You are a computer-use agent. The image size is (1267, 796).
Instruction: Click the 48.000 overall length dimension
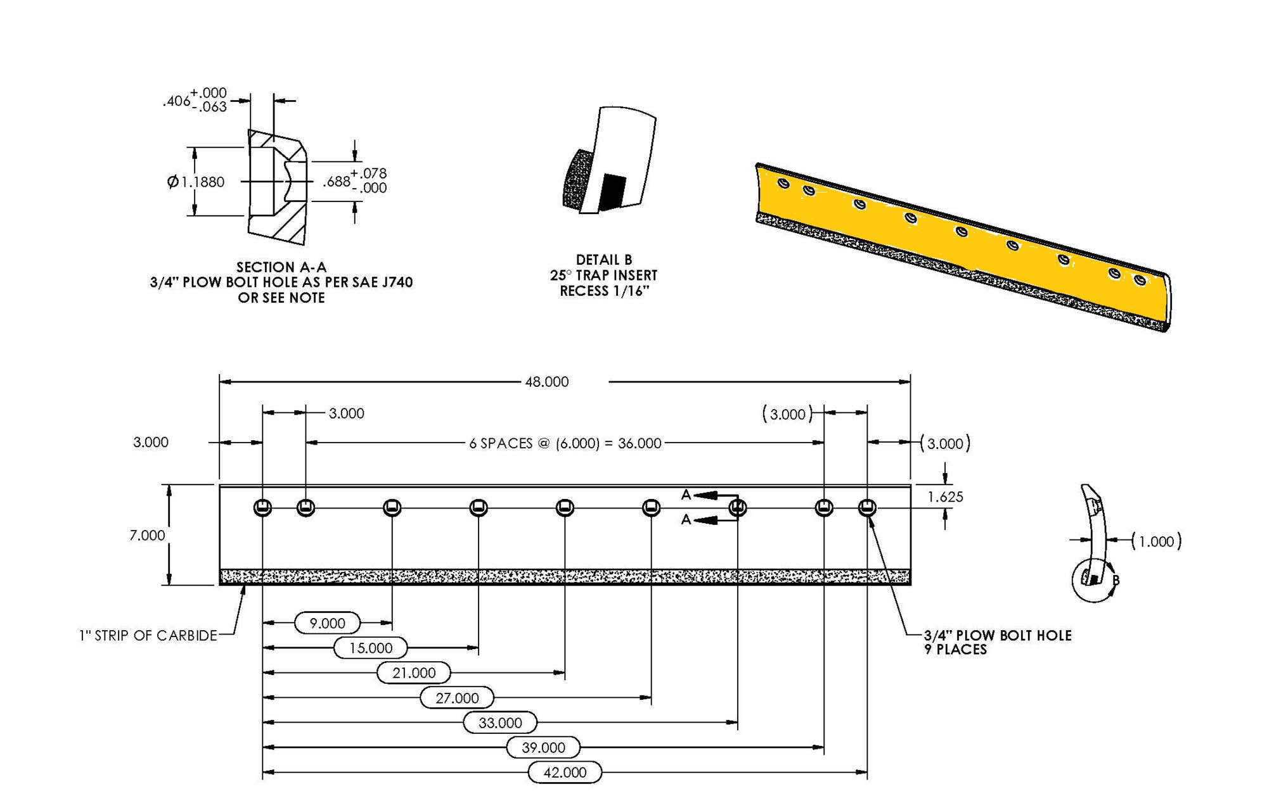[x=546, y=382]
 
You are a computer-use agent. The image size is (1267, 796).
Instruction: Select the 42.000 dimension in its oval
[x=565, y=772]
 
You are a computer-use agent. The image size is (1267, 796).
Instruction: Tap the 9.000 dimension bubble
[x=327, y=623]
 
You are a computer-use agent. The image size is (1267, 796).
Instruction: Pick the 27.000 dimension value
[x=457, y=698]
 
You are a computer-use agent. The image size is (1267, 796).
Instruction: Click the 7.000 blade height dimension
[x=147, y=536]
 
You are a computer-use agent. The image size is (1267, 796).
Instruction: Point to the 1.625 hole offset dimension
[x=945, y=497]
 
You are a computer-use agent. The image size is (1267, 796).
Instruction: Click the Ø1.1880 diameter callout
[x=196, y=182]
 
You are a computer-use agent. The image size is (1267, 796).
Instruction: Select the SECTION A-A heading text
[x=281, y=267]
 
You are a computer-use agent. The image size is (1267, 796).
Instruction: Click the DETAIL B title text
[x=603, y=260]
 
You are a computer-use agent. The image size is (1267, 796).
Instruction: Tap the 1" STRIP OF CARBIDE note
[x=148, y=635]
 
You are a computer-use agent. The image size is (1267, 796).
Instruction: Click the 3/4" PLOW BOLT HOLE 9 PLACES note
[x=997, y=641]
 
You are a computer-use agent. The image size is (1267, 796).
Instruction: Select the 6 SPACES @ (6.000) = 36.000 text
[x=565, y=443]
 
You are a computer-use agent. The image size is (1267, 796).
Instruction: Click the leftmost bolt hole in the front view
[x=262, y=507]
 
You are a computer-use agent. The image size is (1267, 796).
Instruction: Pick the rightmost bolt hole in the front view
[x=867, y=507]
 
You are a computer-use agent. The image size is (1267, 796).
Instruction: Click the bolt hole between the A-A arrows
[x=737, y=507]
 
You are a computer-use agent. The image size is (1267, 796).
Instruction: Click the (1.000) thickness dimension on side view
[x=1157, y=541]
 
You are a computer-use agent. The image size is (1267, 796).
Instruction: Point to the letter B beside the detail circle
[x=1116, y=580]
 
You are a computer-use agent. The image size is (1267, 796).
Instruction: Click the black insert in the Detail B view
[x=612, y=192]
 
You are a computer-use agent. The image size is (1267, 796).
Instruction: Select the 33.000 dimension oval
[x=500, y=723]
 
